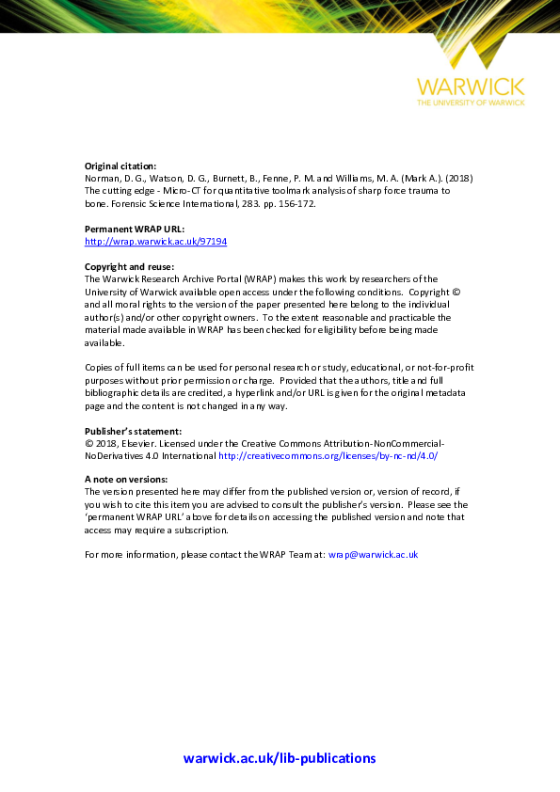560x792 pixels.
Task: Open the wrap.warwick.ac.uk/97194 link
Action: pyautogui.click(x=155, y=241)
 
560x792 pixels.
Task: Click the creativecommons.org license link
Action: pyautogui.click(x=328, y=455)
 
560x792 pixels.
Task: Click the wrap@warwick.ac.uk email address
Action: pyautogui.click(x=373, y=555)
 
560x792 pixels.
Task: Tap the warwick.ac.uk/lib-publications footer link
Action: pyautogui.click(x=280, y=758)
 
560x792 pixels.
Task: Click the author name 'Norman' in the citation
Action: pyautogui.click(x=102, y=179)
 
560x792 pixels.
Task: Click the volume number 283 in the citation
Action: pyautogui.click(x=228, y=203)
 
